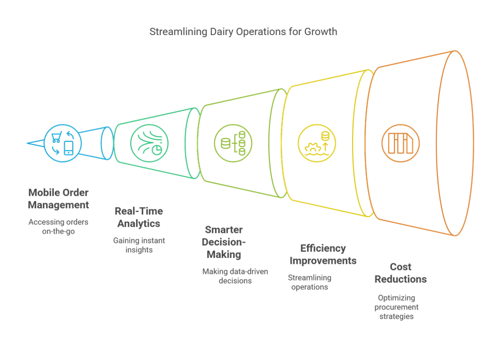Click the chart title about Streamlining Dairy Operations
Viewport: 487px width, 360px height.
243,32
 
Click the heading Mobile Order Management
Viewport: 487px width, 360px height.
58,198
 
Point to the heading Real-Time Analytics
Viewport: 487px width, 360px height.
139,217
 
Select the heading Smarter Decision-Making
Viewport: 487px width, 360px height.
223,242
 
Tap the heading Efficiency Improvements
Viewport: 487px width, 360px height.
323,254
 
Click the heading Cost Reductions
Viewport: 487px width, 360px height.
401,273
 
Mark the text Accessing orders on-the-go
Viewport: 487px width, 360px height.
58,227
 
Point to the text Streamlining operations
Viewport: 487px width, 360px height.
310,283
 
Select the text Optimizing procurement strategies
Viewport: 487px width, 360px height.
396,307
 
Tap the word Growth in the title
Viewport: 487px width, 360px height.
321,32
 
